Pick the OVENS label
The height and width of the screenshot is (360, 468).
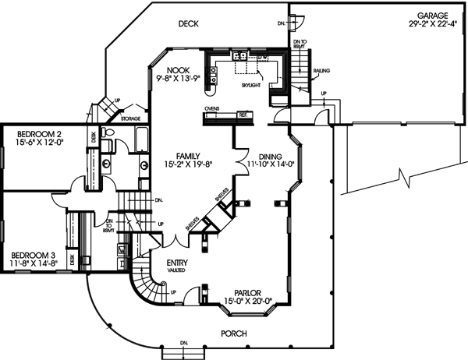[212, 108]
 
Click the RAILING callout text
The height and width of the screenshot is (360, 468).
[323, 71]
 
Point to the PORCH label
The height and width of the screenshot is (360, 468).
[234, 334]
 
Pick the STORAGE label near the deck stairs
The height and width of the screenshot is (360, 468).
[131, 118]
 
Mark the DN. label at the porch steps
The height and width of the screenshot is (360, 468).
[186, 344]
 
